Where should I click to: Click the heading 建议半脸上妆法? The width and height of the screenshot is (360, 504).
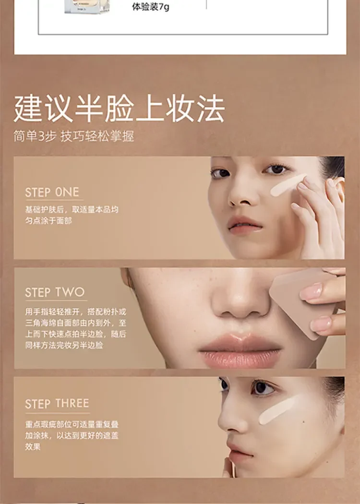[x=119, y=108]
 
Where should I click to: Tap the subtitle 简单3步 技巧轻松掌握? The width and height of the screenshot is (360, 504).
[x=73, y=136]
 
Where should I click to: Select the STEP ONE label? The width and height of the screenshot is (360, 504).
[x=52, y=192]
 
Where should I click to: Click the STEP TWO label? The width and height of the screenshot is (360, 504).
[x=55, y=292]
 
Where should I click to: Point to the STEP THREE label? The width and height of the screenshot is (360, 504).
[x=57, y=404]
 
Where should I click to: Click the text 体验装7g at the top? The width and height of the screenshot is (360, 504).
[x=150, y=6]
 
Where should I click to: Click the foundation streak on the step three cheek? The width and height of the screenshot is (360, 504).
[x=278, y=410]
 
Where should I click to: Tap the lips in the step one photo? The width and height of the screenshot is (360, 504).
[x=245, y=225]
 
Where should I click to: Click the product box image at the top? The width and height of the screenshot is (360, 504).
[x=87, y=6]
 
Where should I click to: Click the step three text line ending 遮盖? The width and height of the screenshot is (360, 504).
[x=72, y=435]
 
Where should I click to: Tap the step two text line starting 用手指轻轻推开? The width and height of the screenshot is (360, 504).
[x=76, y=312]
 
